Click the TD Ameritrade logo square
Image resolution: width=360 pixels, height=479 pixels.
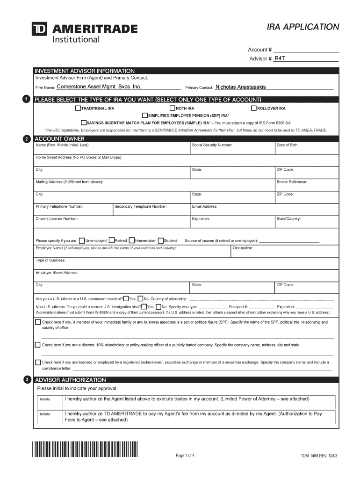coord(39,29)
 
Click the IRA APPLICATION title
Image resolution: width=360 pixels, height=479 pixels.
coord(302,27)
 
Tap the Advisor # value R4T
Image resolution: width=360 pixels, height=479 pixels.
coord(280,58)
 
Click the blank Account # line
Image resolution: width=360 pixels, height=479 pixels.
coord(306,50)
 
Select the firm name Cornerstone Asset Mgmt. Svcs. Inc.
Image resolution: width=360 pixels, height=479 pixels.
coord(99,87)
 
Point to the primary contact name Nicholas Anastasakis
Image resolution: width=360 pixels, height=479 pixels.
coord(240,87)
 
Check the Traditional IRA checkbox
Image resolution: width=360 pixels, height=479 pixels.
coord(78,109)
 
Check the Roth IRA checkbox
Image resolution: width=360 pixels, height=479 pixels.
coord(173,109)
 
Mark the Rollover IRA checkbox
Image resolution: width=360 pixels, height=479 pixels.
coord(254,109)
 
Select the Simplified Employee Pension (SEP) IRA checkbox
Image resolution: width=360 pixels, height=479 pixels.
coord(145,115)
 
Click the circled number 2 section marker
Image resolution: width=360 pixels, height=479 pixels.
coord(27,139)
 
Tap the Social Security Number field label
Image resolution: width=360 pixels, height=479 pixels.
coord(212,145)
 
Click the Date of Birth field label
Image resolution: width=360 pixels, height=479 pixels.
coord(288,145)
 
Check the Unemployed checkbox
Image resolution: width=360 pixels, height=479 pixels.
coord(82,240)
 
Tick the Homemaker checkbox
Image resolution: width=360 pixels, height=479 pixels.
coord(131,240)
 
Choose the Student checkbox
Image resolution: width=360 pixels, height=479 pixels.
coord(161,240)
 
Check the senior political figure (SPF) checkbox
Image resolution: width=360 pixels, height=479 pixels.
coord(38,322)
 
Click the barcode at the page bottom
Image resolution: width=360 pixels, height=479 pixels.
coord(85,449)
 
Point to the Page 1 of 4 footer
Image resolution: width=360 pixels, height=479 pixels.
coord(185,456)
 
